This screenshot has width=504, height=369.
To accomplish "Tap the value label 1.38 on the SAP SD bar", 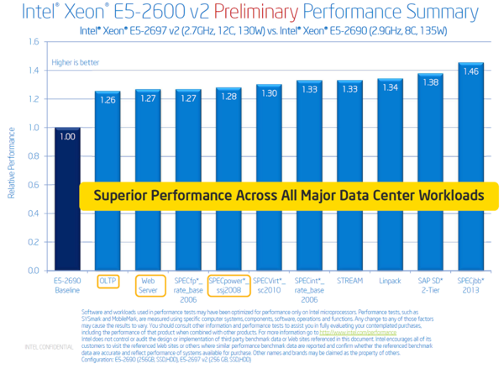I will point(430,82).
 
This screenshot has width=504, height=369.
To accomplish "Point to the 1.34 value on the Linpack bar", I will point(390,87).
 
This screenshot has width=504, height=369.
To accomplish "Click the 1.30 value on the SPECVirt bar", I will point(269,92).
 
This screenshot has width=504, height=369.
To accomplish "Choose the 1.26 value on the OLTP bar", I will point(108,98).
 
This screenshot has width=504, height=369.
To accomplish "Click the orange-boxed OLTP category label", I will point(108,280).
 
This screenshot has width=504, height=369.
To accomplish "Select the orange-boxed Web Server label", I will point(148,284).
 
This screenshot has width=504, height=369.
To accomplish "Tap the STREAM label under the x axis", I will point(349,281).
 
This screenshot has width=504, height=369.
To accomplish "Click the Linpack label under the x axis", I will point(390,281).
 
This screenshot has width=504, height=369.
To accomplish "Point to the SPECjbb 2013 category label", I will point(470,284).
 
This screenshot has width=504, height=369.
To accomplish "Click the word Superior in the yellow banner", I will point(122,195).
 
